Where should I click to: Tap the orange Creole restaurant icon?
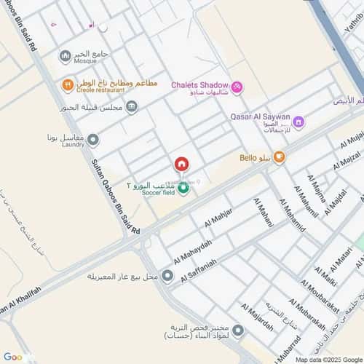click(x=66, y=85)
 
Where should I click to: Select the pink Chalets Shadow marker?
click(x=237, y=87)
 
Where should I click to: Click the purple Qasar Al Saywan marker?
click(x=298, y=122)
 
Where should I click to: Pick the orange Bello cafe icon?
click(x=279, y=157)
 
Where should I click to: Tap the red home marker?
click(x=181, y=165)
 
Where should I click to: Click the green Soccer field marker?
click(x=183, y=189)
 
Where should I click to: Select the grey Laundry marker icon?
click(x=93, y=139)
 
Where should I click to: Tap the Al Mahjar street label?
click(x=219, y=215)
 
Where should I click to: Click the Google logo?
click(x=13, y=357)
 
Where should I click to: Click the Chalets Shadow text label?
click(x=199, y=85)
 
